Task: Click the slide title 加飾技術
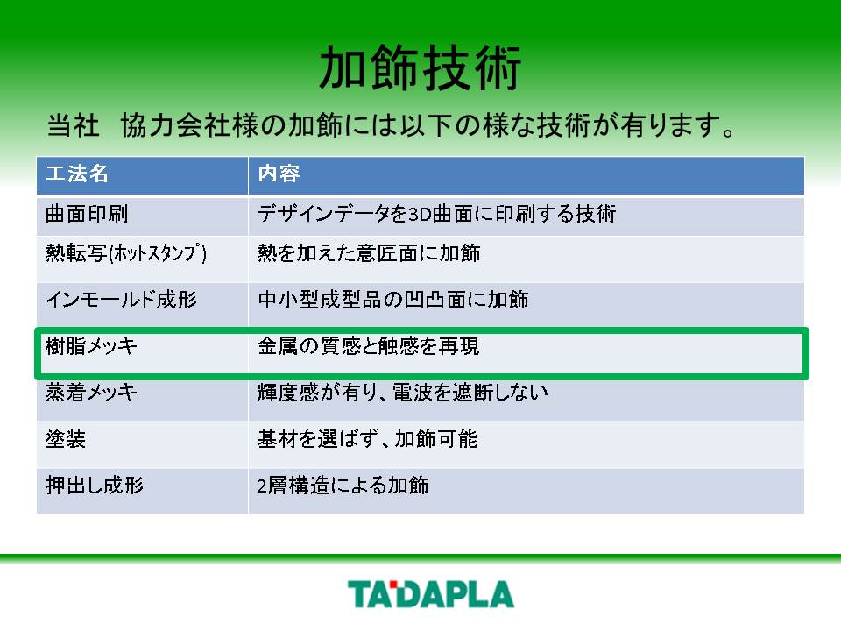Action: (420, 67)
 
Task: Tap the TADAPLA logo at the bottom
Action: (431, 594)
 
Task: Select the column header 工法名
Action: (77, 174)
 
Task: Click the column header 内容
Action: (279, 174)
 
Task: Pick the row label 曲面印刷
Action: (87, 214)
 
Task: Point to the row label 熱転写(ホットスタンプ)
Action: (126, 252)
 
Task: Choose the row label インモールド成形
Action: (122, 300)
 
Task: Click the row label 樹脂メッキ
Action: (92, 345)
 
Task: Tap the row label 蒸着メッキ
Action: (92, 393)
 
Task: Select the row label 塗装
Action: (66, 439)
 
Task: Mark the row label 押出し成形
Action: (95, 485)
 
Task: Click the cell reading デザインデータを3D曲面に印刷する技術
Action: (436, 214)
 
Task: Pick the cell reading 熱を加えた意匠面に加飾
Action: (369, 252)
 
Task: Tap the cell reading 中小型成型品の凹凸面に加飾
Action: (393, 300)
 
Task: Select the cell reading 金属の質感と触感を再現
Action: (368, 345)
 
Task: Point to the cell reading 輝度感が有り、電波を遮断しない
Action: (402, 393)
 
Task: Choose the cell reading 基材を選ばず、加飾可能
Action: (367, 439)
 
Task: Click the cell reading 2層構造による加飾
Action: (343, 485)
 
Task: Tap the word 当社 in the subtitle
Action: (74, 125)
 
